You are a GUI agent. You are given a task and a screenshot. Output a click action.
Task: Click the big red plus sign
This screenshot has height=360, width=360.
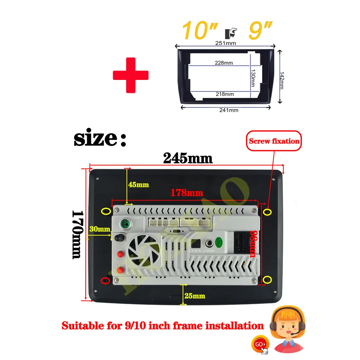[x=131, y=75]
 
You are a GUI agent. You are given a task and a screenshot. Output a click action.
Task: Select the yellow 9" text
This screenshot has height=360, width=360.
[x=259, y=31]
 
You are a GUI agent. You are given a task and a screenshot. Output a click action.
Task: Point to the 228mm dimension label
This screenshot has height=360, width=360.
[x=224, y=63]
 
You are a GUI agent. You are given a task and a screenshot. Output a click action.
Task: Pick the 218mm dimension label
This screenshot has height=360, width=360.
[x=224, y=94]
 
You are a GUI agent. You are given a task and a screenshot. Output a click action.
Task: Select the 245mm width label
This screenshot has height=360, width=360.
[x=188, y=158]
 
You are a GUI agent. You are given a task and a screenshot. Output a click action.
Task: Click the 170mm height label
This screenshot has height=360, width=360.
[x=76, y=234]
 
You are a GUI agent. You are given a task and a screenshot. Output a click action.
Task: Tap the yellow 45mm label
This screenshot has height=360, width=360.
[x=138, y=185]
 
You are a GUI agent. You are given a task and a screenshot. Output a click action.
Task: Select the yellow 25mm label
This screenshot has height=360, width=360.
[x=194, y=296]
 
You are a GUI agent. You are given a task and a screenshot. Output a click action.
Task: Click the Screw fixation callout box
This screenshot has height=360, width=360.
[x=274, y=141]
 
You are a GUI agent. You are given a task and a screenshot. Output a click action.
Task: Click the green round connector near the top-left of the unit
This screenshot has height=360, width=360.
[x=125, y=224]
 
